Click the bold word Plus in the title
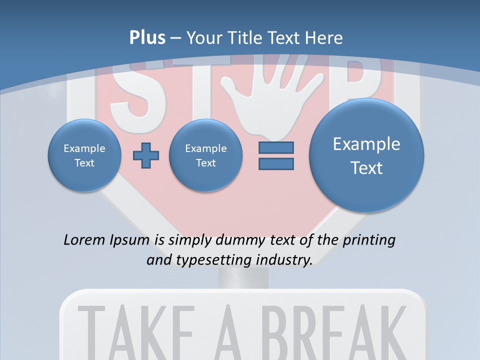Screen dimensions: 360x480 tap(147, 38)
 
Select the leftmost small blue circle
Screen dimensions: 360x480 tap(84, 155)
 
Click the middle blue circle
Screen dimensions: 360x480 tap(205, 155)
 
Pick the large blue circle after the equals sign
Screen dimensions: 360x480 tap(366, 155)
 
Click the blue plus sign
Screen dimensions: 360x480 tap(146, 155)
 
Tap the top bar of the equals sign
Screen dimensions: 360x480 tap(276, 148)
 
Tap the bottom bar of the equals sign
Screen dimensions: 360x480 tap(276, 164)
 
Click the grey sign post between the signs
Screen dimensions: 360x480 tap(243, 278)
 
